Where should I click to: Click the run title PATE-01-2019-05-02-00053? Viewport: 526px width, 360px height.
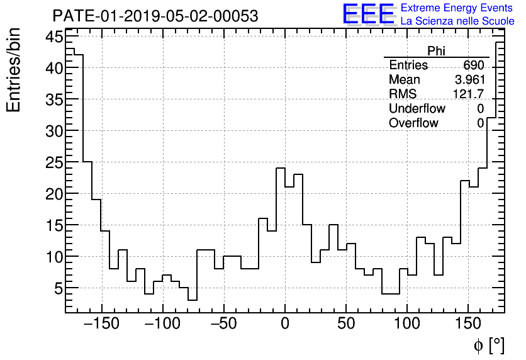click(155, 16)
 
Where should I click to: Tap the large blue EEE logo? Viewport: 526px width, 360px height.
click(369, 14)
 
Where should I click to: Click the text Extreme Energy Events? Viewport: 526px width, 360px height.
click(457, 8)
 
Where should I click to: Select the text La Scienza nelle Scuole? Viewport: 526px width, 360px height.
click(457, 21)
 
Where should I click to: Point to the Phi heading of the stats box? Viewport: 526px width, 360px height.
click(436, 52)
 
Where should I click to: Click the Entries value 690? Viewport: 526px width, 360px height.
click(473, 65)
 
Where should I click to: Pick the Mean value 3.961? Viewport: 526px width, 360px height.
click(469, 80)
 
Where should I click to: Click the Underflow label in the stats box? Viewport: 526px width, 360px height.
click(417, 109)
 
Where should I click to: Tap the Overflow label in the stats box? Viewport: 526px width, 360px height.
click(413, 123)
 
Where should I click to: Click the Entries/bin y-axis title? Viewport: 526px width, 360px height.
click(14, 70)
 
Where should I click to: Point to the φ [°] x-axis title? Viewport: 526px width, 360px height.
click(489, 345)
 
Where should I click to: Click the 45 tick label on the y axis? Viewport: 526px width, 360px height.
click(54, 37)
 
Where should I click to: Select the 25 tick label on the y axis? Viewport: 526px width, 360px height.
click(54, 162)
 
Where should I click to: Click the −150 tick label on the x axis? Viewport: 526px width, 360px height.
click(101, 324)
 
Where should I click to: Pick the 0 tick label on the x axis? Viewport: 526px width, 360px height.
click(285, 324)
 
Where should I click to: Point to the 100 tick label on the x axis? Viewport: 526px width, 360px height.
click(407, 324)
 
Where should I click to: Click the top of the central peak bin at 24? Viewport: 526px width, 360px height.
click(281, 168)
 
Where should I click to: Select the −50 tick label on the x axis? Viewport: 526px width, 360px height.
click(223, 324)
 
